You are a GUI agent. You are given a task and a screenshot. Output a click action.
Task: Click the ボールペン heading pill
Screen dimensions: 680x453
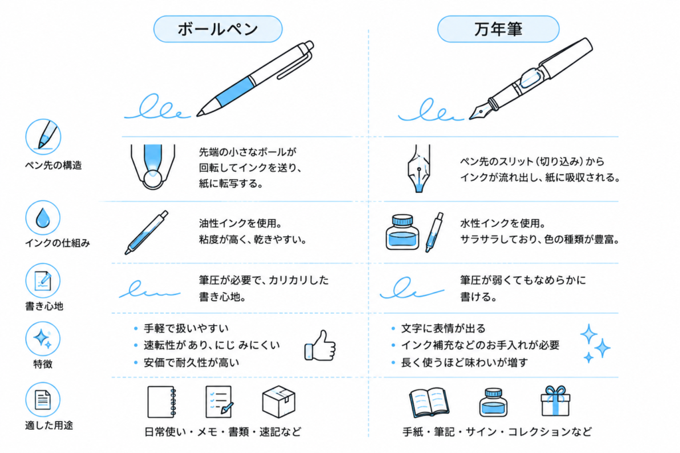[x=218, y=29]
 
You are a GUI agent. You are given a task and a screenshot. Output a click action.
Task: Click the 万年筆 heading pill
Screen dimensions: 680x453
[x=498, y=29]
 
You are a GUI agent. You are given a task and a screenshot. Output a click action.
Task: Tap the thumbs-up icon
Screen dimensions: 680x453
[x=320, y=346]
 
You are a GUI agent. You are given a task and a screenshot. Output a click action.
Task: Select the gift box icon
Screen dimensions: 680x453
[x=555, y=401]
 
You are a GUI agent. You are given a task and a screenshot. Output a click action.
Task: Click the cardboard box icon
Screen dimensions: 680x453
[x=279, y=401]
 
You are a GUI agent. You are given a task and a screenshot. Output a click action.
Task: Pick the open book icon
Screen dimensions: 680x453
[x=429, y=403]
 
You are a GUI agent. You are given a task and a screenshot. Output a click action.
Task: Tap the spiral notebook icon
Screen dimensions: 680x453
[x=162, y=402]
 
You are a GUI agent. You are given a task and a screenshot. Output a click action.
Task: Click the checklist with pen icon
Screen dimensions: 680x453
[x=219, y=402]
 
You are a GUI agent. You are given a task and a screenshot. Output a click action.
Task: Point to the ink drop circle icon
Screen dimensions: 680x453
[x=42, y=218]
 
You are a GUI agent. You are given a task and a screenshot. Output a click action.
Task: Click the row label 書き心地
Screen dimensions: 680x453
[x=44, y=306]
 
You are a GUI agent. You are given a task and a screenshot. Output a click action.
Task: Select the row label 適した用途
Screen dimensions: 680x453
[x=49, y=425]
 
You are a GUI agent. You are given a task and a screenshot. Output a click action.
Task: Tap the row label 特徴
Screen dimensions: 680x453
[x=43, y=363]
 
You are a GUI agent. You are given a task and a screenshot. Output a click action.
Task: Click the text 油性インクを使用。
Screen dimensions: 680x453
[x=240, y=224]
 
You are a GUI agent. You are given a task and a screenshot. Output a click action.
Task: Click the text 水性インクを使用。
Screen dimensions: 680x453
[x=503, y=224]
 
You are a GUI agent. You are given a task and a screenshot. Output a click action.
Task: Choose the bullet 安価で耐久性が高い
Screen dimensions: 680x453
[x=191, y=363]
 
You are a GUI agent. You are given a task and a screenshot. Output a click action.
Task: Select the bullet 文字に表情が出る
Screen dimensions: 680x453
[x=443, y=328]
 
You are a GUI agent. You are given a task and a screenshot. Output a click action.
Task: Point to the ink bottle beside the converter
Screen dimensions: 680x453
[x=402, y=232]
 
